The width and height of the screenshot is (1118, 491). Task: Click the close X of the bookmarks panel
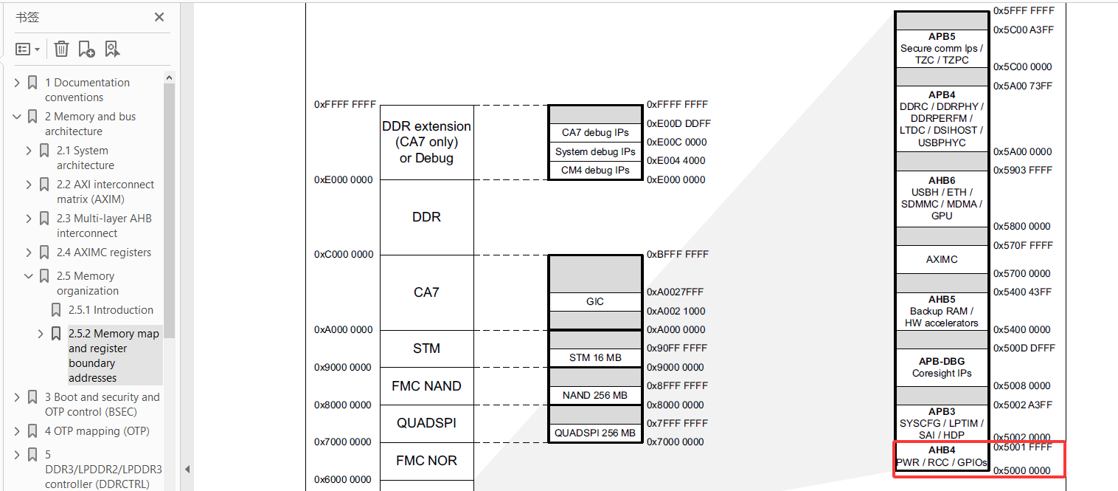(159, 17)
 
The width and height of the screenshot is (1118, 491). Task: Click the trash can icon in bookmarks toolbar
(62, 49)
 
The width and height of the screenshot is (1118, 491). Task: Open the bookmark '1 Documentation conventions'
(87, 90)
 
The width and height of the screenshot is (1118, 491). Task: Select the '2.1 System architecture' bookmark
(86, 158)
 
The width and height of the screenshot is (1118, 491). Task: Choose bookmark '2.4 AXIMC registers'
(104, 253)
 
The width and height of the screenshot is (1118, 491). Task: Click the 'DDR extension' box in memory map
(426, 142)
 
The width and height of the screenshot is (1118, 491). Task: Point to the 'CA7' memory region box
(426, 292)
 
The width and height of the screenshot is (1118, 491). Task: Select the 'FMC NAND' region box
(426, 386)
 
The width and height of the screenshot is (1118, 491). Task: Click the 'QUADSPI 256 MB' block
(595, 433)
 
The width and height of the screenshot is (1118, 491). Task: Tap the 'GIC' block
(595, 301)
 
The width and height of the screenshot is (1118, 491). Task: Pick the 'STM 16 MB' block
(595, 358)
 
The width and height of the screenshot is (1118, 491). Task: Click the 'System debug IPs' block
(595, 151)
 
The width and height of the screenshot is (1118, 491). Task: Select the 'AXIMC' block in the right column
(942, 260)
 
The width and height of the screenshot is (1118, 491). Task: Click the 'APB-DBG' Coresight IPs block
(942, 367)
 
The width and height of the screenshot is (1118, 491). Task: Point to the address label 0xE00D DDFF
(678, 123)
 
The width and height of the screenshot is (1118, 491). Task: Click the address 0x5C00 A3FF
(1023, 30)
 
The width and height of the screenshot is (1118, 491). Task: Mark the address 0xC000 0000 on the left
(344, 255)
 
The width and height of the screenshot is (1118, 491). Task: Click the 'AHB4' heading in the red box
(942, 450)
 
